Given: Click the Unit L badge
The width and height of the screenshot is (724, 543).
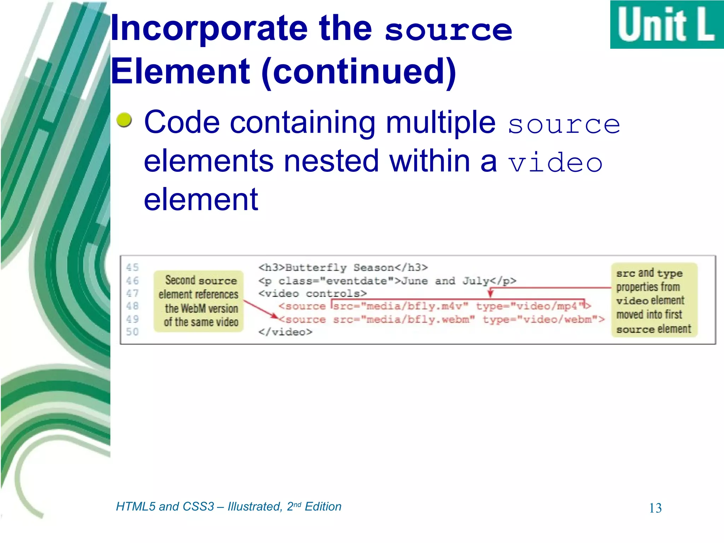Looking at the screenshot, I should (x=667, y=25).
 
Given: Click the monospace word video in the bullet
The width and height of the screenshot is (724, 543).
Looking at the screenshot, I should (x=555, y=163).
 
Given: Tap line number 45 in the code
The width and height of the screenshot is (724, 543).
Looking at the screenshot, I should (x=133, y=267).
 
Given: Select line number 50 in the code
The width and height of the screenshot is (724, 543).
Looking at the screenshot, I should (x=133, y=332).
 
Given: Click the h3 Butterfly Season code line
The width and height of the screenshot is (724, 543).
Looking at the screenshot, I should (x=343, y=268).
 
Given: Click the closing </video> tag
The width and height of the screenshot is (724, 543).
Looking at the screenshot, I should (x=285, y=332).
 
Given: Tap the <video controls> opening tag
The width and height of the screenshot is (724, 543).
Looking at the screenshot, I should (x=313, y=293).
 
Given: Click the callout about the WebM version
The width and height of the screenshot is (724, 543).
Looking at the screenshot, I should (x=199, y=301).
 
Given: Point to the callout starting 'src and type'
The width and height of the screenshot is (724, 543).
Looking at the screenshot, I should (x=654, y=300).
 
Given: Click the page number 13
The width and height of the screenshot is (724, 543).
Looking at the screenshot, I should (x=655, y=508).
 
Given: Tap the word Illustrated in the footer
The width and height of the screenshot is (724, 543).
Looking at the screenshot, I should (x=255, y=507).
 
